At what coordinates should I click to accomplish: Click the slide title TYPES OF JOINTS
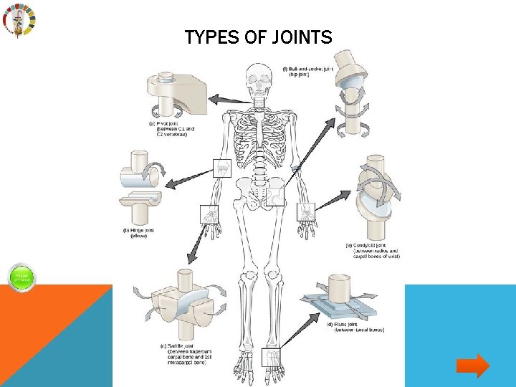[x=258, y=37]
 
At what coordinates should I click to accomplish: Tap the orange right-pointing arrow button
[x=472, y=366]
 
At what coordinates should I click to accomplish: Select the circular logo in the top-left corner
[x=17, y=21]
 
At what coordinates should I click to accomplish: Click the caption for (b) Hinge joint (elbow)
[x=138, y=233]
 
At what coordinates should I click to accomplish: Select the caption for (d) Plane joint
[x=356, y=327]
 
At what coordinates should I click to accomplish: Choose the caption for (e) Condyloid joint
[x=372, y=250]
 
